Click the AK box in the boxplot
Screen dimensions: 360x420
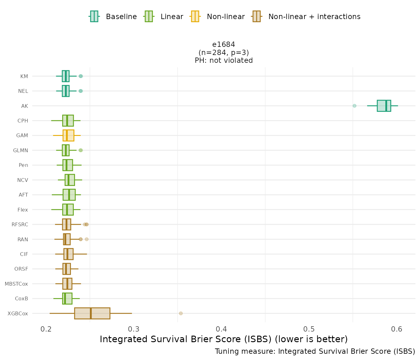(384, 106)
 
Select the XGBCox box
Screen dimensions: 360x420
(92, 313)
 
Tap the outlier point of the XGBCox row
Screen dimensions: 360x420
(181, 313)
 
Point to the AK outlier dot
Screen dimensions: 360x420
(354, 106)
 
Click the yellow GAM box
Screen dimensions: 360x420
(68, 135)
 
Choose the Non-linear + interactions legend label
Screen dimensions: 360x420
(314, 17)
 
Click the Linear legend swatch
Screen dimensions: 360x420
(148, 16)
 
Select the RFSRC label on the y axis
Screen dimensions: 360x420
(20, 224)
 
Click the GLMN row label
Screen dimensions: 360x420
(21, 150)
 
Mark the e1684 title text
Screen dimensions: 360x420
(224, 44)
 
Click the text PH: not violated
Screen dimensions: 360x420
(224, 60)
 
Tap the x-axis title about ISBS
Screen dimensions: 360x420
(224, 339)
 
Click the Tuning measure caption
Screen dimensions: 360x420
(315, 351)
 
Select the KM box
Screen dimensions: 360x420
(66, 76)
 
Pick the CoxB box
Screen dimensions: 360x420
(67, 298)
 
